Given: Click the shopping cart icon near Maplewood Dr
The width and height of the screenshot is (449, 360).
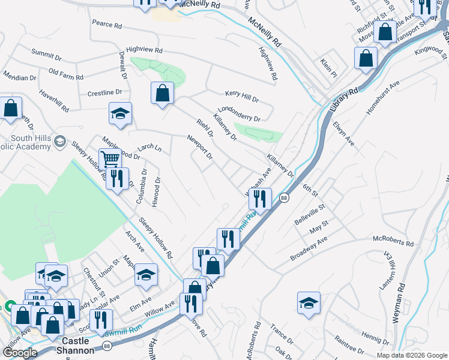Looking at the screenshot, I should [110, 159].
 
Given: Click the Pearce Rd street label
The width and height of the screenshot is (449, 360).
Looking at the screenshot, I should [107, 26].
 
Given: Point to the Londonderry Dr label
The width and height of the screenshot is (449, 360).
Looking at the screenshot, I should [240, 114].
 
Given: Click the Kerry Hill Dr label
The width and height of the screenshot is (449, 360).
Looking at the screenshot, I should [242, 97].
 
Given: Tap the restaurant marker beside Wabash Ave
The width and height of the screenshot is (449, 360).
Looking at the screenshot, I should [261, 197].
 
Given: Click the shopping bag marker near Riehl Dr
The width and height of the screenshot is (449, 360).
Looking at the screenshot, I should [162, 93].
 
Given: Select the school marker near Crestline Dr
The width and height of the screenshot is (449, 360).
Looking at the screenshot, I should [120, 113].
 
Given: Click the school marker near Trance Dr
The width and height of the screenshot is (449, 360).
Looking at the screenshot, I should [309, 302].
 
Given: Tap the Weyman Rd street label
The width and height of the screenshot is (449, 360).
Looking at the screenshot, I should [399, 304].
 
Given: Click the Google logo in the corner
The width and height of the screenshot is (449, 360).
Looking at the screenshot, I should [19, 353].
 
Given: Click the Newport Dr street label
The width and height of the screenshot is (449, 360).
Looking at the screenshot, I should [200, 148].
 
